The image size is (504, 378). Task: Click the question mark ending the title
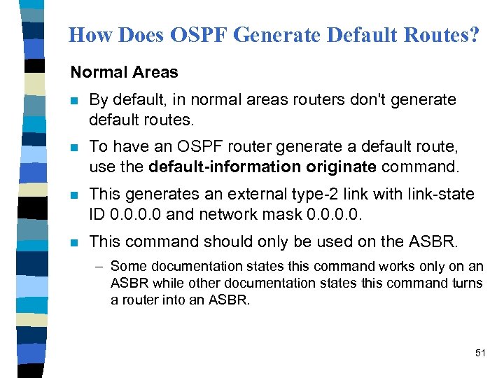pos(475,35)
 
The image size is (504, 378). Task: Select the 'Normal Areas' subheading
pos(124,72)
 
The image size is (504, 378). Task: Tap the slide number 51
pos(479,353)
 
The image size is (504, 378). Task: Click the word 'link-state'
pos(441,194)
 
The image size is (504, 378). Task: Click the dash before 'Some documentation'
pos(101,267)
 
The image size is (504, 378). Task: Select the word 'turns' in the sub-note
pos(468,283)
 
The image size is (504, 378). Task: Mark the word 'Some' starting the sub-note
pos(127,267)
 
